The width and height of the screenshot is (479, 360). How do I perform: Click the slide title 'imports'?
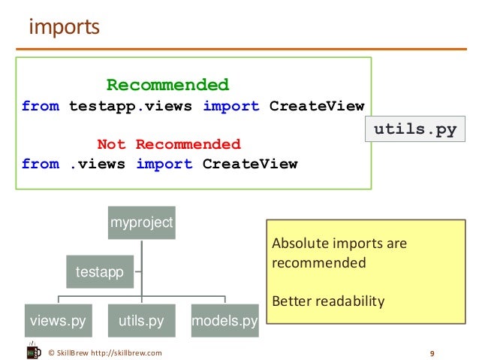click(64, 27)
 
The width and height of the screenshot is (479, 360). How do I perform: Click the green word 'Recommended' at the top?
click(167, 85)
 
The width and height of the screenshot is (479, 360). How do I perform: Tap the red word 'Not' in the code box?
click(112, 144)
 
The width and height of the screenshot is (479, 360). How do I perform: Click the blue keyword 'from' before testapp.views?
click(41, 106)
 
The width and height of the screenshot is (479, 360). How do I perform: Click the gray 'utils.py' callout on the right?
click(415, 130)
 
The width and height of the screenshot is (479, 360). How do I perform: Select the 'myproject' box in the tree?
click(142, 222)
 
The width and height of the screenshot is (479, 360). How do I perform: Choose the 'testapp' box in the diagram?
click(101, 271)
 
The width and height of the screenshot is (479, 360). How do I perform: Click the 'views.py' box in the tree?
click(58, 322)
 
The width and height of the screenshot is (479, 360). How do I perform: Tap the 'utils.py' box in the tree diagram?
click(141, 322)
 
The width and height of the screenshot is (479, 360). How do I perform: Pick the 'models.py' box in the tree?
click(224, 322)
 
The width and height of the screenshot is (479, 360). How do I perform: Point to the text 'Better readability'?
click(327, 301)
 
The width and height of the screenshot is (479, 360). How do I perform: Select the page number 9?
click(432, 352)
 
